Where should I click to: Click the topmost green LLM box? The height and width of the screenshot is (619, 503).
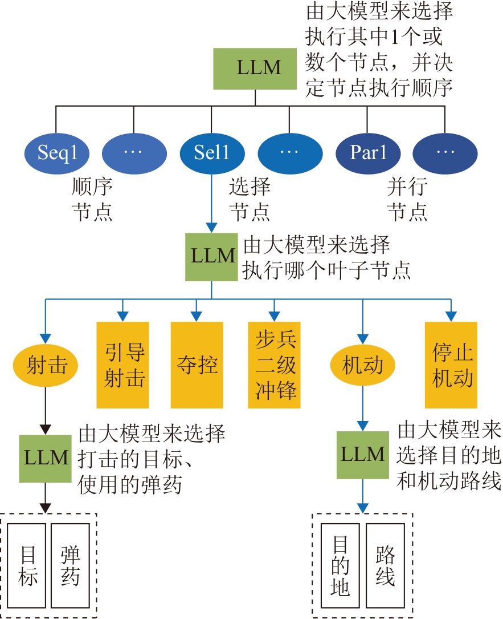click(255, 68)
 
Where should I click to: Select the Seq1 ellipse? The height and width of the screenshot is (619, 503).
click(56, 153)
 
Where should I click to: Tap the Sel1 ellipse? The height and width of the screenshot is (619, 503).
click(212, 153)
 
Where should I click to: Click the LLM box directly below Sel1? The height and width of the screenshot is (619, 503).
click(212, 256)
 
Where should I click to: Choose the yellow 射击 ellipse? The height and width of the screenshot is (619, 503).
click(46, 365)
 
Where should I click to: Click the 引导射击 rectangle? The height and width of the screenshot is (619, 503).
click(123, 365)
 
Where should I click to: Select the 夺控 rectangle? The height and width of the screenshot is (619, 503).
click(197, 365)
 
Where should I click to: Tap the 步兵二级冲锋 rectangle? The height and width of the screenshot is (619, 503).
click(274, 365)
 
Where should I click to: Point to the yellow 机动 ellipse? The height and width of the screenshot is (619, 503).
click(362, 365)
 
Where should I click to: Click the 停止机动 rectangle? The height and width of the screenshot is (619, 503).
click(451, 365)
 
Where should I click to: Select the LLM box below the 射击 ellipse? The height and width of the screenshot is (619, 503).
click(46, 458)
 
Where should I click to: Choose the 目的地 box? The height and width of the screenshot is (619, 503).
click(340, 567)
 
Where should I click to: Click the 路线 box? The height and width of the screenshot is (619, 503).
click(386, 567)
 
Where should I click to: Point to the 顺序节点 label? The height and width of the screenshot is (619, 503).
click(92, 199)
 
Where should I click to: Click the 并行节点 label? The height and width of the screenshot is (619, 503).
click(407, 199)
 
